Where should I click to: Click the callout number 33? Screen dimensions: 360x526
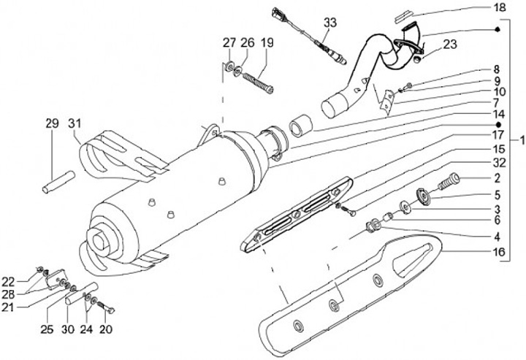tap(329, 23)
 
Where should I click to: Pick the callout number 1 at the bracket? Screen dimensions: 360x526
tap(519, 139)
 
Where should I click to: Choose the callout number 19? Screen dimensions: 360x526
tap(267, 44)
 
